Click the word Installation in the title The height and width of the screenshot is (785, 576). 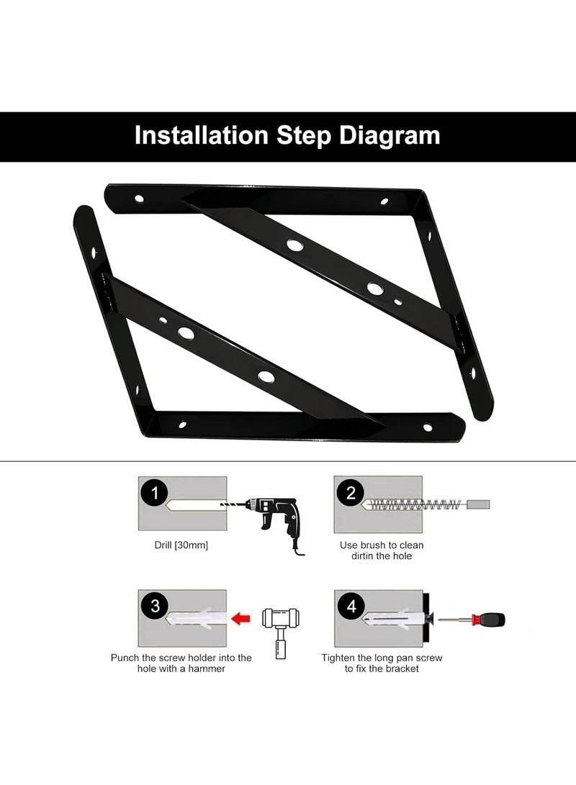202,136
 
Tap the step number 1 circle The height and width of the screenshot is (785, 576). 155,493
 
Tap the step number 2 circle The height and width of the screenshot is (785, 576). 351,493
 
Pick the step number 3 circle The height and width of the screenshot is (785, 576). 155,606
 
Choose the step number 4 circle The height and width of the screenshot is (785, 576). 351,606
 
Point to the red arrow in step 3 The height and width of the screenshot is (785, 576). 241,619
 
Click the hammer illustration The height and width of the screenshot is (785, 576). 281,632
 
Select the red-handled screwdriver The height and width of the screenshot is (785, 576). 472,620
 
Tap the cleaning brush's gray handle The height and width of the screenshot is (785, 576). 478,504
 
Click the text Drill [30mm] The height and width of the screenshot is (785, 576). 181,545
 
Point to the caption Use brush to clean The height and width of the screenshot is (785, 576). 382,545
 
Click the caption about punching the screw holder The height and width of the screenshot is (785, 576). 181,663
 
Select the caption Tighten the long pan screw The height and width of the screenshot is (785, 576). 382,658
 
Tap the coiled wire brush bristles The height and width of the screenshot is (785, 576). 413,504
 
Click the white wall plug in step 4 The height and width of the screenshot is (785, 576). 392,620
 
